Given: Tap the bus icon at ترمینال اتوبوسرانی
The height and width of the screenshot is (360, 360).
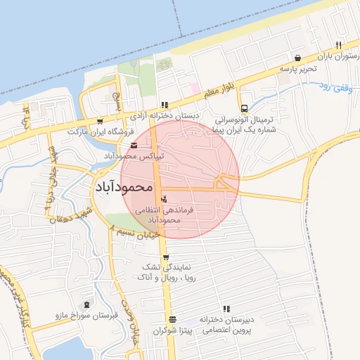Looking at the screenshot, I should click(x=244, y=109).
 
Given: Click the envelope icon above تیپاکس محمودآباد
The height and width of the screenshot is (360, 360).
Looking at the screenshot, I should click(x=134, y=145).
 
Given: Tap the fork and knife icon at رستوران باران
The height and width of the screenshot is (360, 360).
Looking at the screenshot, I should click(x=338, y=44).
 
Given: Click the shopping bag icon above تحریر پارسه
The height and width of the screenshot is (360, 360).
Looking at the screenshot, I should click(x=298, y=58).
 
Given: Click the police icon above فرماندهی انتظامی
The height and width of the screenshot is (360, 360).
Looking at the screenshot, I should click(x=164, y=199).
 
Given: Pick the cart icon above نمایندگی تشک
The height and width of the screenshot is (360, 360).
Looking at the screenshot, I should click(x=166, y=257).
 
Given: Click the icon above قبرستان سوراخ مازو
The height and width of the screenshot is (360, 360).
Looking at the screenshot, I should click(x=87, y=304).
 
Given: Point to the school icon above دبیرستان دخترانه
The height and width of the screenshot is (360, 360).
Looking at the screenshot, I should click(x=226, y=309).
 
